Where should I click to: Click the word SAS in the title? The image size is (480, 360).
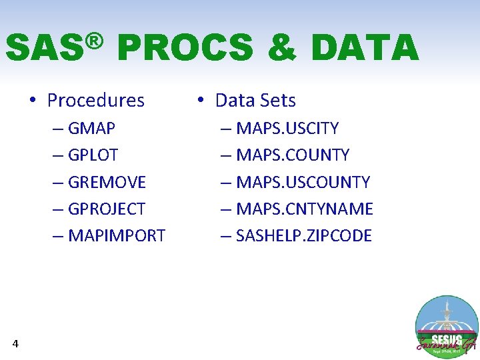[x=43, y=48]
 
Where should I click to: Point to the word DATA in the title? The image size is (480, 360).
[x=364, y=48]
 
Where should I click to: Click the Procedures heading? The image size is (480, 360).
[x=95, y=101]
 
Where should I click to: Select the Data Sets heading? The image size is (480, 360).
[x=255, y=101]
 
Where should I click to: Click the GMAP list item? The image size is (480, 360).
[x=92, y=128]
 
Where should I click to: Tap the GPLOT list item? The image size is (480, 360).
[x=93, y=155]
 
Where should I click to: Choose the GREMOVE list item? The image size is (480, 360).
[x=107, y=182]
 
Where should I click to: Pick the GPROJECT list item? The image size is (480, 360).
[x=107, y=209]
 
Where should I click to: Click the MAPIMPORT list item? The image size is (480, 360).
[x=117, y=236]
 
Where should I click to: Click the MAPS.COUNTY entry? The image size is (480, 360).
[x=293, y=155]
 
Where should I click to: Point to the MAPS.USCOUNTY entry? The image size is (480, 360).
[x=303, y=182]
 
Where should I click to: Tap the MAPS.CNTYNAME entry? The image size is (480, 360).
[x=305, y=209]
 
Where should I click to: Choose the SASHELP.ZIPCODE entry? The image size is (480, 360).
[x=304, y=236]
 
